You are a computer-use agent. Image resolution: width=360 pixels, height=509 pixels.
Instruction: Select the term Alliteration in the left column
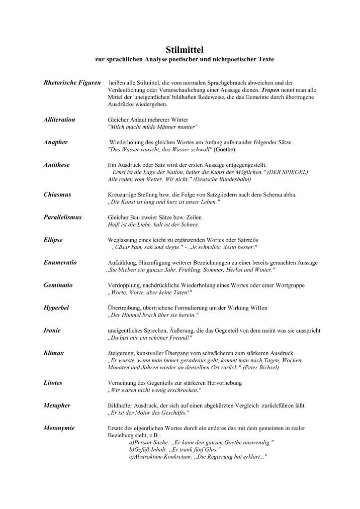click(x=59, y=120)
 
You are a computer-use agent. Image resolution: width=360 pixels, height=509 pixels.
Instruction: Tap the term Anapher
click(x=56, y=143)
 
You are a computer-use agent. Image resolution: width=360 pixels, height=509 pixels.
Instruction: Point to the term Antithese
click(x=57, y=165)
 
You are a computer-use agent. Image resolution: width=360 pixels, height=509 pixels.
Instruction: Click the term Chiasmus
click(x=57, y=194)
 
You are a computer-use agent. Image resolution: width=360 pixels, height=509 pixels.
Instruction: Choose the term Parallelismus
click(x=63, y=217)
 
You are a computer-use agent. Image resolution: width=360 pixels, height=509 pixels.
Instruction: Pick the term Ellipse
click(x=53, y=240)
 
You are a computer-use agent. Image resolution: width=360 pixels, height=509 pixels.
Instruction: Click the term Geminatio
click(x=58, y=285)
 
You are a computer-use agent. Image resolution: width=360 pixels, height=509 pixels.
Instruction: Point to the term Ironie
click(x=53, y=330)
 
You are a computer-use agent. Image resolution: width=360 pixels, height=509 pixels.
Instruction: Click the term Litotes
click(x=53, y=383)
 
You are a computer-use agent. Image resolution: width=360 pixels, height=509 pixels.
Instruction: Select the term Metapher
click(x=57, y=405)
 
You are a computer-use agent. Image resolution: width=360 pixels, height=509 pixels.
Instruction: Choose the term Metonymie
click(x=59, y=428)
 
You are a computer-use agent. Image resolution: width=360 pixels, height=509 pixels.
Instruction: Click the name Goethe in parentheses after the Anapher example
click(x=225, y=150)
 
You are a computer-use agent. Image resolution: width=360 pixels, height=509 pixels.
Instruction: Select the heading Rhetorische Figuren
click(x=73, y=81)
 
